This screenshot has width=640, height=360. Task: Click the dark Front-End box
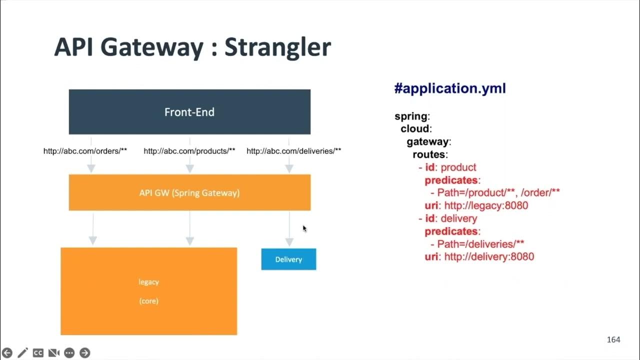point(189,112)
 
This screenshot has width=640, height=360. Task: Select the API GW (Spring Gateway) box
point(189,192)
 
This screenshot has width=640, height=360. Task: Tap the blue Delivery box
point(288,259)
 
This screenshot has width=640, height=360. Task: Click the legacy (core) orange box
point(148,291)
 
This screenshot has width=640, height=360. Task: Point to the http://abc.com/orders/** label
point(85,151)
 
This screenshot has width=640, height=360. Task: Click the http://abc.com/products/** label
point(189,151)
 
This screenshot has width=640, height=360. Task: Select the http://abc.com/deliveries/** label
point(293,151)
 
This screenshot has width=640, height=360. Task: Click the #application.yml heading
point(450,88)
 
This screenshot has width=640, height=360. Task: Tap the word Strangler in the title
point(277,47)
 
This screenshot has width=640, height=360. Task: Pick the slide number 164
point(613,340)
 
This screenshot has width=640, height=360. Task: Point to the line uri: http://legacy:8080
point(476,205)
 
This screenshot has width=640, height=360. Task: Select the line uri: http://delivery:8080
point(479,257)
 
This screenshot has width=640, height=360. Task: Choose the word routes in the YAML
point(429,154)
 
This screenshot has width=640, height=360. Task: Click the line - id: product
point(447,167)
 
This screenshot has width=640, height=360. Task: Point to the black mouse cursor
point(304,228)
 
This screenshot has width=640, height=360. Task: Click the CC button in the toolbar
point(38,353)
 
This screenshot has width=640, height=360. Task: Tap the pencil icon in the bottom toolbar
point(22,353)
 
